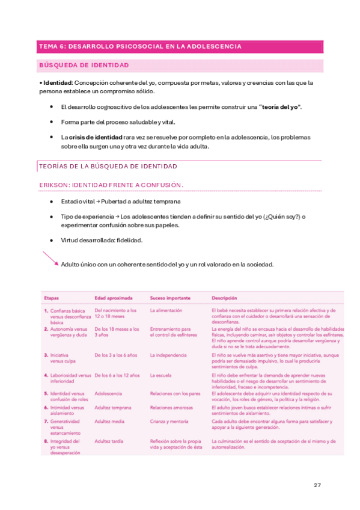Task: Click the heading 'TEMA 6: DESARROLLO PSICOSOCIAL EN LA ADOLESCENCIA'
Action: point(140,46)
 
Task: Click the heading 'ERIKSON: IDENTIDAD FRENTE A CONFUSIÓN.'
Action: point(111,184)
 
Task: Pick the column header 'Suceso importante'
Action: point(170,298)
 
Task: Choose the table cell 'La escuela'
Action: point(162,375)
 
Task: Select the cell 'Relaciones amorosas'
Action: point(172,407)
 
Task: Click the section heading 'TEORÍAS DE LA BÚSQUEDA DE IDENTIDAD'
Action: point(108,165)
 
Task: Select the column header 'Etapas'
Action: point(51,298)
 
